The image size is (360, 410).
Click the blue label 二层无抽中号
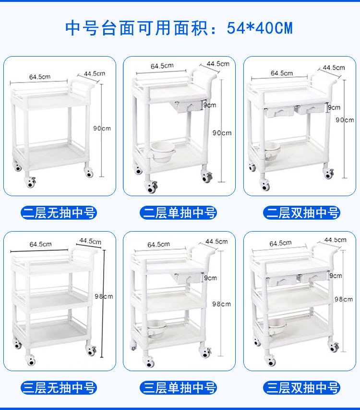[59, 212]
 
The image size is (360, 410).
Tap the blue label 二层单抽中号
[178, 212]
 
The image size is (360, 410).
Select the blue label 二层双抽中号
[301, 212]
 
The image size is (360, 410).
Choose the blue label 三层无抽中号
[59, 387]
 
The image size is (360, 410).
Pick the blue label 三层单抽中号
[178, 387]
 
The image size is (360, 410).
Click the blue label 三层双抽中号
[301, 387]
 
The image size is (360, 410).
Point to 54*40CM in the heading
[260, 28]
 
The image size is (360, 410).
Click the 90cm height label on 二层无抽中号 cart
[102, 129]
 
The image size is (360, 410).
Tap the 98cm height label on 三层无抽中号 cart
[104, 296]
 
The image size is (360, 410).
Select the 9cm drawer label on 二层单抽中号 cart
[210, 105]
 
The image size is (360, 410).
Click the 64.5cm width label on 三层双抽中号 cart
[280, 244]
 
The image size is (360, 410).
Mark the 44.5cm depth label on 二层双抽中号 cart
[334, 68]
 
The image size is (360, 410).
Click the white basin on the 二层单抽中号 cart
[162, 152]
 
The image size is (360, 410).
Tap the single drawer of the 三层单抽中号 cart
[187, 279]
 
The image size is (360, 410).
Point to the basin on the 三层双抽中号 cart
[277, 325]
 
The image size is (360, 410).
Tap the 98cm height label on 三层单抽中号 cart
[221, 304]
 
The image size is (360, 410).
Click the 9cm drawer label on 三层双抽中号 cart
[336, 276]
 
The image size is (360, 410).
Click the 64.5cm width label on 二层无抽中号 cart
[40, 77]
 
